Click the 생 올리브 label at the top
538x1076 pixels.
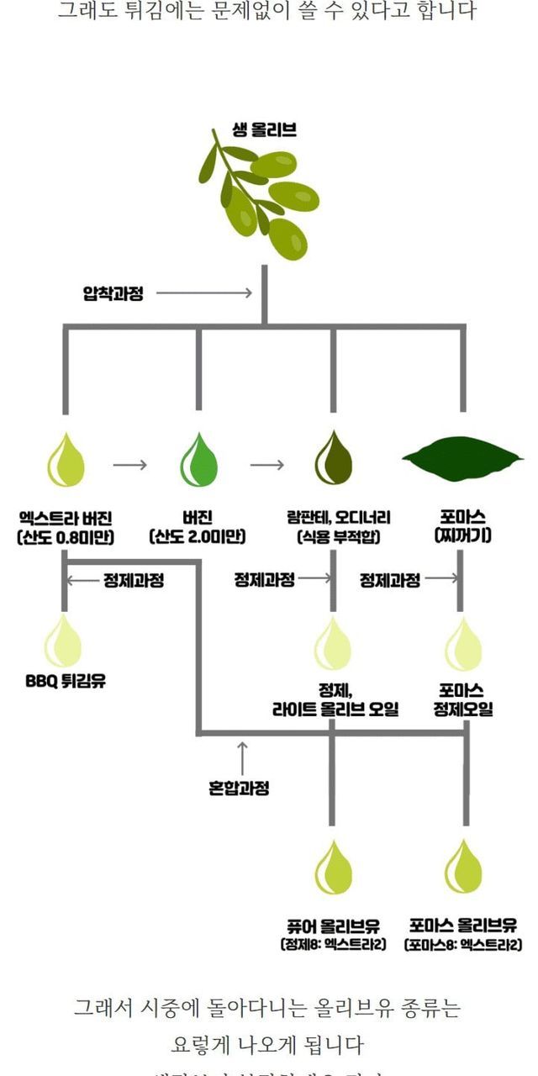265,130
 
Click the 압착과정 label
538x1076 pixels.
113,293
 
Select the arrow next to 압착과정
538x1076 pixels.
204,293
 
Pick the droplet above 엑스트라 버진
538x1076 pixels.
66,460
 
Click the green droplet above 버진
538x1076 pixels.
199,460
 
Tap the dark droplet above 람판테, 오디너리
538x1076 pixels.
333,460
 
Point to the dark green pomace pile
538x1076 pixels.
462,458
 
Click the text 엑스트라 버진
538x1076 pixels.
65,518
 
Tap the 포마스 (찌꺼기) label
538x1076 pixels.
462,527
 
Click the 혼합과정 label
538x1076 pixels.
240,789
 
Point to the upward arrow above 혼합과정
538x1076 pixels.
242,757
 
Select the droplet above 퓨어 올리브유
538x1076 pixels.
331,868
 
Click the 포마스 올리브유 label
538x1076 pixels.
463,926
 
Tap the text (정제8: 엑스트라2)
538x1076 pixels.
332,945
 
